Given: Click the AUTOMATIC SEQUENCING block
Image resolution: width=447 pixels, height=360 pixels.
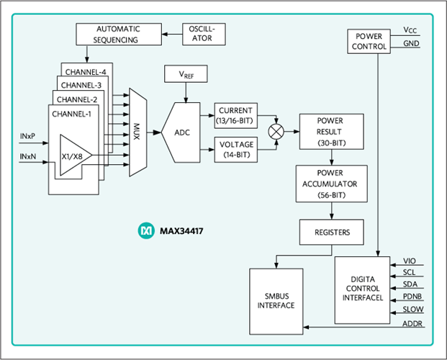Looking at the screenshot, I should point(117,34).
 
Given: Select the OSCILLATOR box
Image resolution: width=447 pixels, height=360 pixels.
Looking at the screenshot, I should point(204,33).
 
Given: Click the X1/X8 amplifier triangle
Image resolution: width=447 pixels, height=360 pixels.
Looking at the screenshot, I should point(73,154).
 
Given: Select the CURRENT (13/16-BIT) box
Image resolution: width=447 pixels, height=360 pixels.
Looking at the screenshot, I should point(235,115).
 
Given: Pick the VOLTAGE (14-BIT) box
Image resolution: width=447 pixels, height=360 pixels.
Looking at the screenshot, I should point(235,148).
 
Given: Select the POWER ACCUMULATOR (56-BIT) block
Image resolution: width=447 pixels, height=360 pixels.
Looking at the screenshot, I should point(330,184).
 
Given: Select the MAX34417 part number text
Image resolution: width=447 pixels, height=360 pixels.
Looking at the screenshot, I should point(181,232).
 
